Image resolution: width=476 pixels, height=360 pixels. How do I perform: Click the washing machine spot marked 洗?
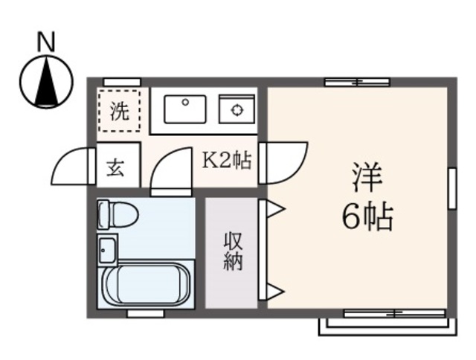(118, 112)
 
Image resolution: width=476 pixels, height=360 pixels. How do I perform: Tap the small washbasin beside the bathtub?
(106, 248)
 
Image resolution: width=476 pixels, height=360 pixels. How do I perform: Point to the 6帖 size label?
(367, 216)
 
